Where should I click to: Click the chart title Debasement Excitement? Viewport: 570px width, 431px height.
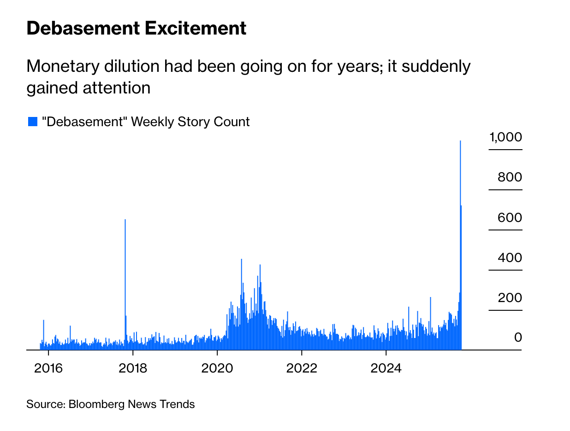pyautogui.click(x=137, y=29)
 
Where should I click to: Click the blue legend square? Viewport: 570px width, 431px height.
pyautogui.click(x=32, y=122)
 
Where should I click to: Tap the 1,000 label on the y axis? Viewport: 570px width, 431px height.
pyautogui.click(x=505, y=137)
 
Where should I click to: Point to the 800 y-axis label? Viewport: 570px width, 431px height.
pyautogui.click(x=510, y=177)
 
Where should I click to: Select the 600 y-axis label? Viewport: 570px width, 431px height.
pyautogui.click(x=510, y=217)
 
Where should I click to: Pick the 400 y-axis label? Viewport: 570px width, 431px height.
pyautogui.click(x=510, y=257)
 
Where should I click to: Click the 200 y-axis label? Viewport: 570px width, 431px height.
pyautogui.click(x=510, y=297)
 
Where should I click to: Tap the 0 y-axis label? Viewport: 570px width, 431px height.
pyautogui.click(x=518, y=338)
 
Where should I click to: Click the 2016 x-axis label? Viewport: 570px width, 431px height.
pyautogui.click(x=48, y=368)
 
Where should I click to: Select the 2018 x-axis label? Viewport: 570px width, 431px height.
pyautogui.click(x=133, y=368)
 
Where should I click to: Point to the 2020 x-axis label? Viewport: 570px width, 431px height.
pyautogui.click(x=217, y=368)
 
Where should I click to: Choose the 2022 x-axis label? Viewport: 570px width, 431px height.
pyautogui.click(x=302, y=368)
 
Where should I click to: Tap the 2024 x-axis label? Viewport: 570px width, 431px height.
pyautogui.click(x=386, y=368)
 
